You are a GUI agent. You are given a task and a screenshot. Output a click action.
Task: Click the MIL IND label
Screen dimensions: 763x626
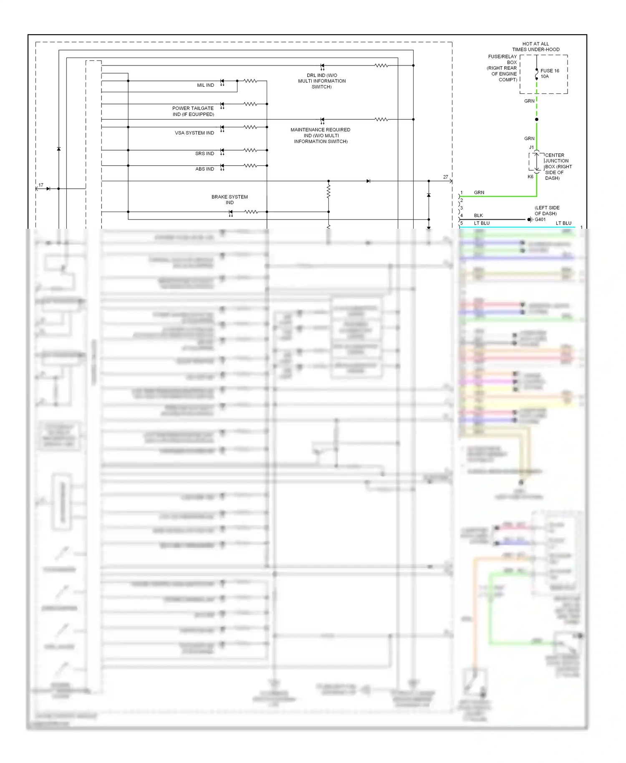tap(205, 85)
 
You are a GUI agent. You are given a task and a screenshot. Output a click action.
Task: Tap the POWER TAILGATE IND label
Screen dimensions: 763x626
tap(193, 111)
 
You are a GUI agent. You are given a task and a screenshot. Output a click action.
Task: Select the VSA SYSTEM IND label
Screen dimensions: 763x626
tap(194, 133)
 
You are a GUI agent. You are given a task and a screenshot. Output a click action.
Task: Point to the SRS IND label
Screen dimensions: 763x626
tap(204, 154)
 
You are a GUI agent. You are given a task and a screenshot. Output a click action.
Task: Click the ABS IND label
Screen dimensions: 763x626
tap(204, 169)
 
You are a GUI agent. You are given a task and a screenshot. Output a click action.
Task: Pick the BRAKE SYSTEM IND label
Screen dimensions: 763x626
tap(230, 200)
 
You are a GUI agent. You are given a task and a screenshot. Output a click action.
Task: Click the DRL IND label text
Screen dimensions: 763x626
tap(322, 81)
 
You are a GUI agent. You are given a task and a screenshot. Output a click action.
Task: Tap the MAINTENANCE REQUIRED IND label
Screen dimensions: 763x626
tap(321, 136)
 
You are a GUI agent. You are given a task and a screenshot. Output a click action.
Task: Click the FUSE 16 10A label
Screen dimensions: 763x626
tap(550, 73)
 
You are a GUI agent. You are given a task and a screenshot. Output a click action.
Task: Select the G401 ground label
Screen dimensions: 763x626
tap(540, 220)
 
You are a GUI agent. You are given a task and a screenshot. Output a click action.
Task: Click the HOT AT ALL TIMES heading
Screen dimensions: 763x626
tap(536, 46)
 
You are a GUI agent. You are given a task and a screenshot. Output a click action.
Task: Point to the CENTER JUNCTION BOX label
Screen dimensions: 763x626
tap(558, 167)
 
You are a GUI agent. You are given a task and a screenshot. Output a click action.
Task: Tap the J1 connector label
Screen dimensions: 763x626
tap(531, 147)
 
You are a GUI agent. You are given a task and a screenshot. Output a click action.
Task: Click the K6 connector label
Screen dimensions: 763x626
tap(530, 177)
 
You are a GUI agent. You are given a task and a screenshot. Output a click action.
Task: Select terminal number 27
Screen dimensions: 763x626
tap(446, 177)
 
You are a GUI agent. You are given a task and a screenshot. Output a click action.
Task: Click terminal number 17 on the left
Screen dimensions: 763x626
tap(41, 185)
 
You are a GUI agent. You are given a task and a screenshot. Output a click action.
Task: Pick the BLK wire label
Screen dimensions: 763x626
tap(478, 215)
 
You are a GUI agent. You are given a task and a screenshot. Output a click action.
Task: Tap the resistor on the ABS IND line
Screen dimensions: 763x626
tap(250, 166)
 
